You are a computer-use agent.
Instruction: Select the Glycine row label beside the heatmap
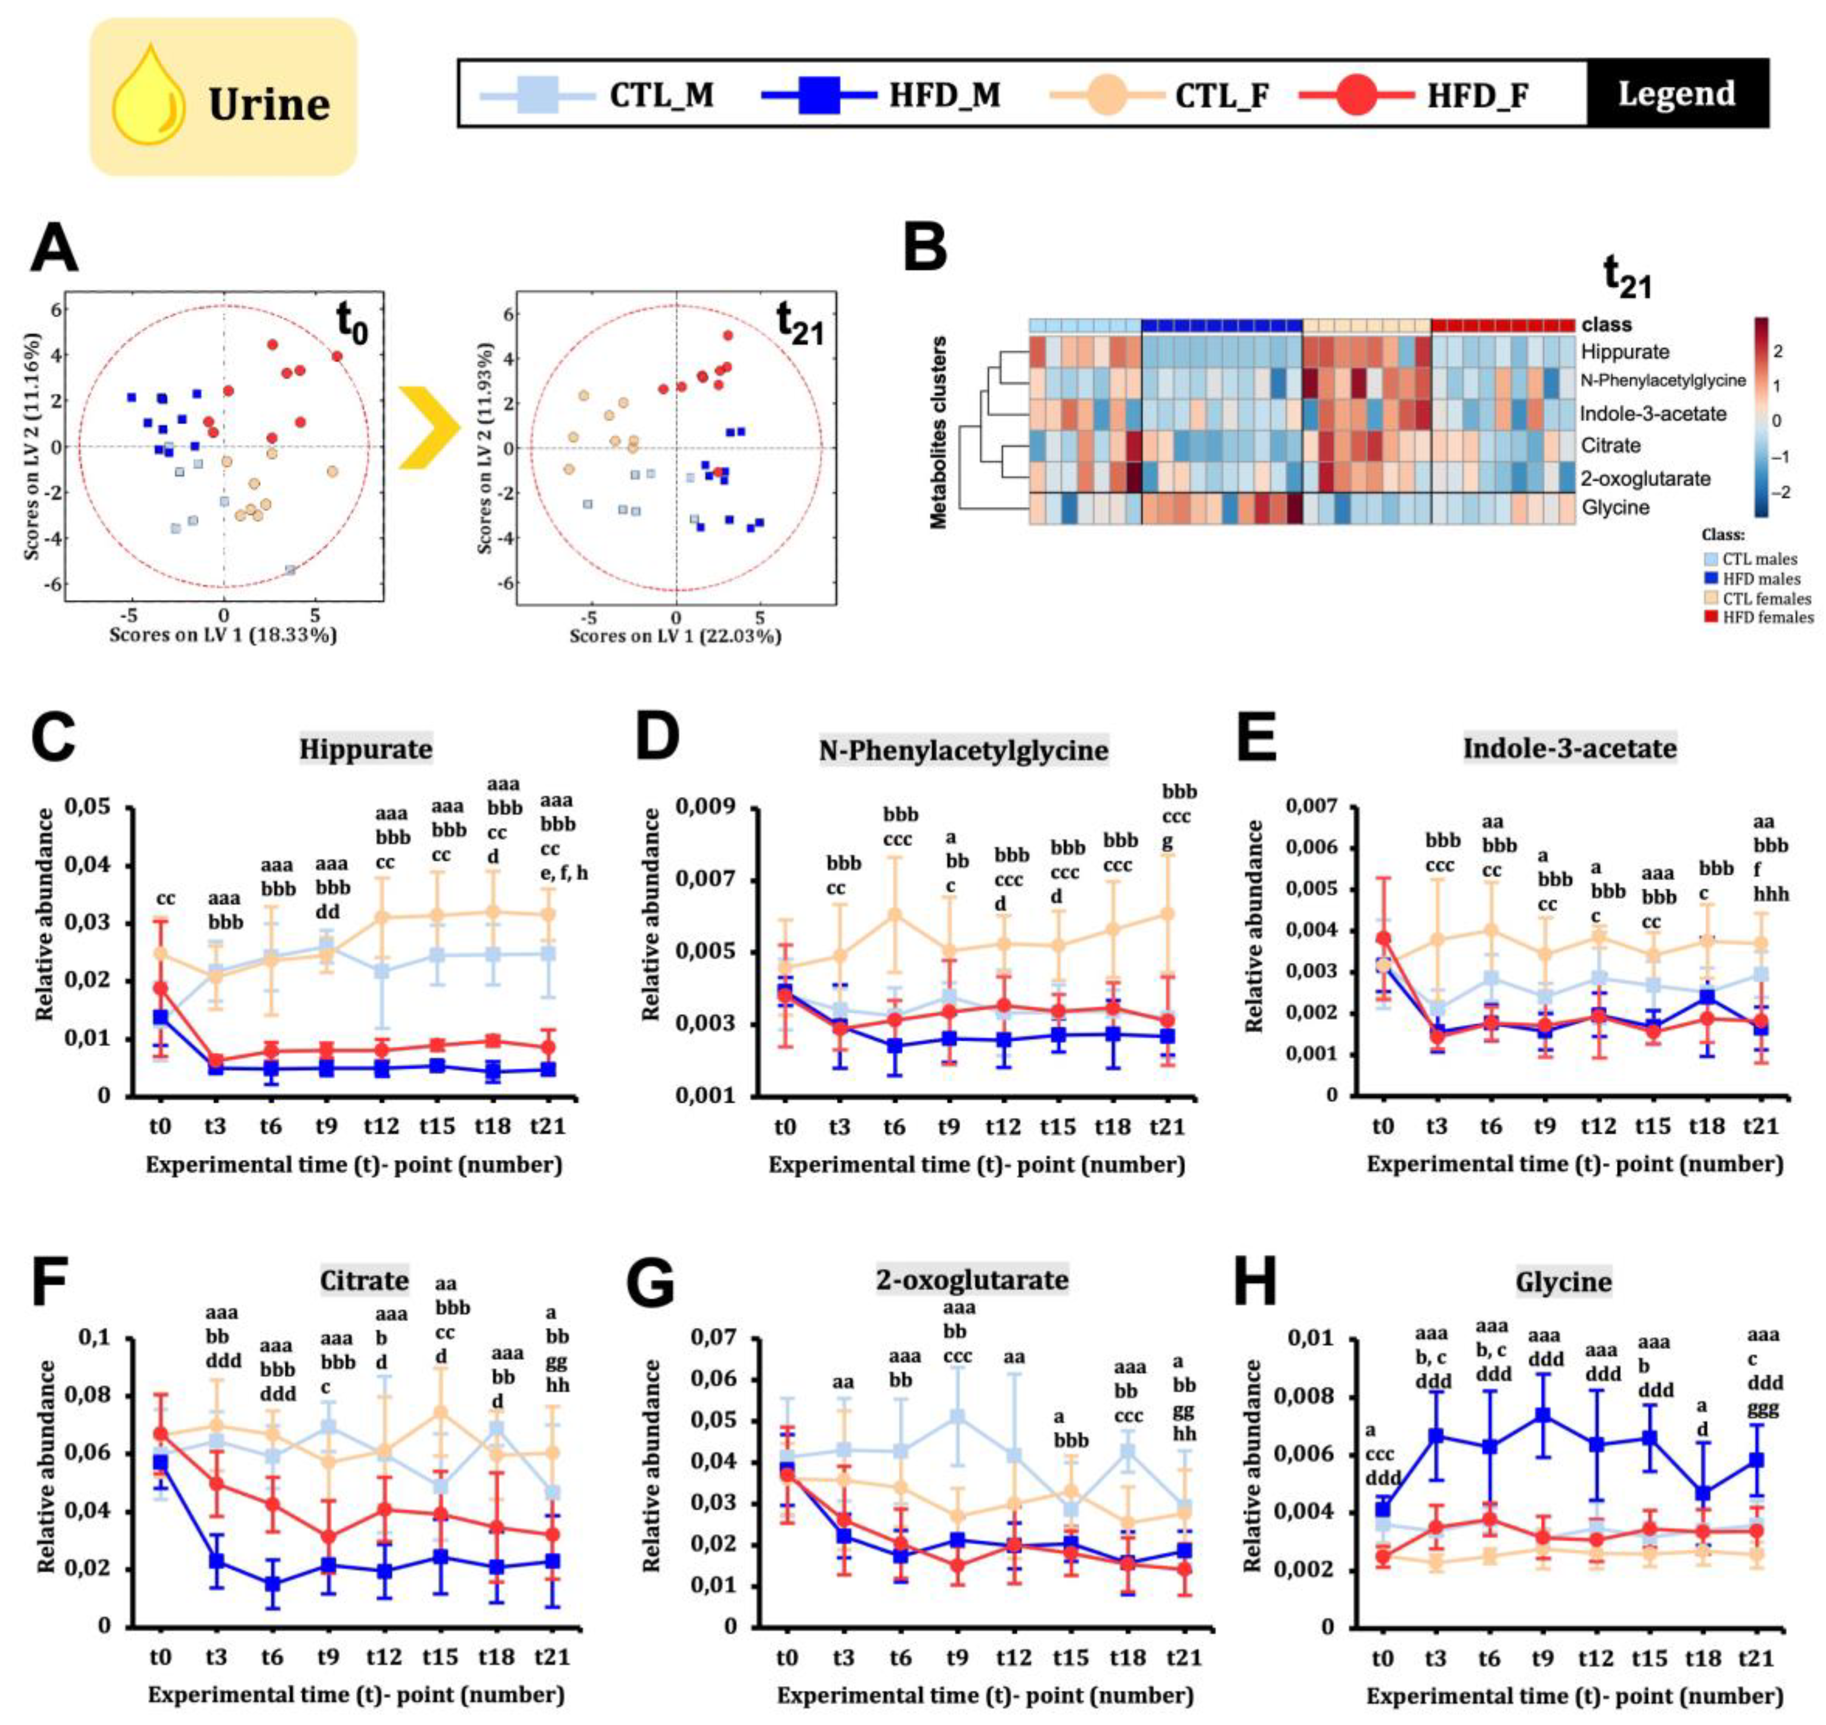(x=1615, y=507)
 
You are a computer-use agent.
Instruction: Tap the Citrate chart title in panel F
(x=364, y=1281)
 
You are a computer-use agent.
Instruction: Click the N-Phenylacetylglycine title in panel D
(x=963, y=750)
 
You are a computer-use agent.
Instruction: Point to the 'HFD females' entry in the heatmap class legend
(x=1766, y=617)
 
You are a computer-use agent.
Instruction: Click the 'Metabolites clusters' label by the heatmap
(x=939, y=432)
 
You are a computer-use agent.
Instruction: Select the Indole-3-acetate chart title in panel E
(x=1569, y=749)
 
